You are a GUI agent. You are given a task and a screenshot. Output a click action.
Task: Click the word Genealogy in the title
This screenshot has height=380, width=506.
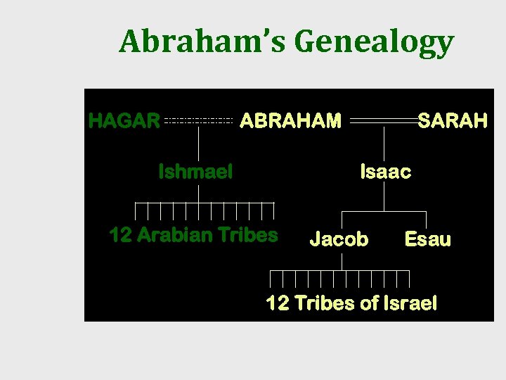click(x=375, y=42)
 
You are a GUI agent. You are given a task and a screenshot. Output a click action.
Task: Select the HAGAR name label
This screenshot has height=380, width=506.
click(x=124, y=121)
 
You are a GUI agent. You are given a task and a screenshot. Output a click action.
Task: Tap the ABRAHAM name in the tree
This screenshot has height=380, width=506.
click(x=290, y=121)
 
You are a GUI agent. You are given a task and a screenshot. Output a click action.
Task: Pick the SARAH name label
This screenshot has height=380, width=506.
click(x=453, y=121)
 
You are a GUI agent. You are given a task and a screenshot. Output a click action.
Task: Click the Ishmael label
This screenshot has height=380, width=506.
click(x=195, y=171)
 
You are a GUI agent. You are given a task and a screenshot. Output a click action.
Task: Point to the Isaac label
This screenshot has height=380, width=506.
click(x=385, y=171)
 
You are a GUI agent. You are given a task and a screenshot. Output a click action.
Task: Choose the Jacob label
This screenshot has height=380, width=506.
click(x=339, y=239)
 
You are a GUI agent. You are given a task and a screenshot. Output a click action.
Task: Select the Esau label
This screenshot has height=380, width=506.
click(x=427, y=239)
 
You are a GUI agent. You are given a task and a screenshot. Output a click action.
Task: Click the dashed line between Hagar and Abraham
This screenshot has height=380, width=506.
click(x=198, y=121)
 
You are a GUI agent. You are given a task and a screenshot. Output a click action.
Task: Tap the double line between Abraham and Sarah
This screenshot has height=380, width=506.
click(x=383, y=121)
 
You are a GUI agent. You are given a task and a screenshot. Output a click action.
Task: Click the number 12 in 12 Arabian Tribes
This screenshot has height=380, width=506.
click(x=120, y=234)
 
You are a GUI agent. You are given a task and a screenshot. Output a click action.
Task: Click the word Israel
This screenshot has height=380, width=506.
click(x=410, y=303)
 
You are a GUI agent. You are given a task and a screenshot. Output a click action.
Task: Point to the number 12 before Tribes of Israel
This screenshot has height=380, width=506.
click(x=277, y=303)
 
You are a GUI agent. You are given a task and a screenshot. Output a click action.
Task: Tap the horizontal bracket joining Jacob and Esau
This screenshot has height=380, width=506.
click(x=384, y=211)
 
